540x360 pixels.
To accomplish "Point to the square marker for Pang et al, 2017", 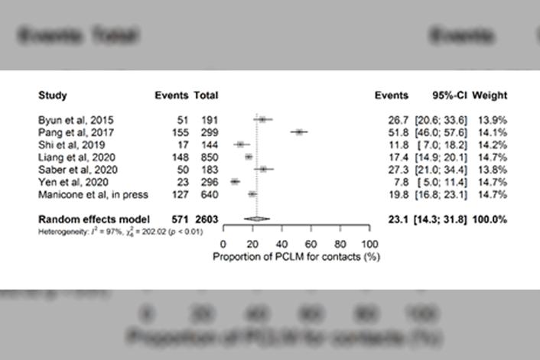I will tap(299, 132).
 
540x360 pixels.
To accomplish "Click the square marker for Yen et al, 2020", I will tap(235, 182).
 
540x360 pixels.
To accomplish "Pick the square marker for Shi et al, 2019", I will tap(241, 144).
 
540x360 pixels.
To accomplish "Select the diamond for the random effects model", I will tap(257, 219).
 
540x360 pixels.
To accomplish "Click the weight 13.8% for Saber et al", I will tap(490, 170).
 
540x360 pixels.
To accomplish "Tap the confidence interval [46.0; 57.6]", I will tap(444, 132).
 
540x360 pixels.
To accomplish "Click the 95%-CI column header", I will tap(449, 96).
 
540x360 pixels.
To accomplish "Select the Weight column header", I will tap(490, 96).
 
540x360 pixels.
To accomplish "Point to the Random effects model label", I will tap(89, 219).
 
